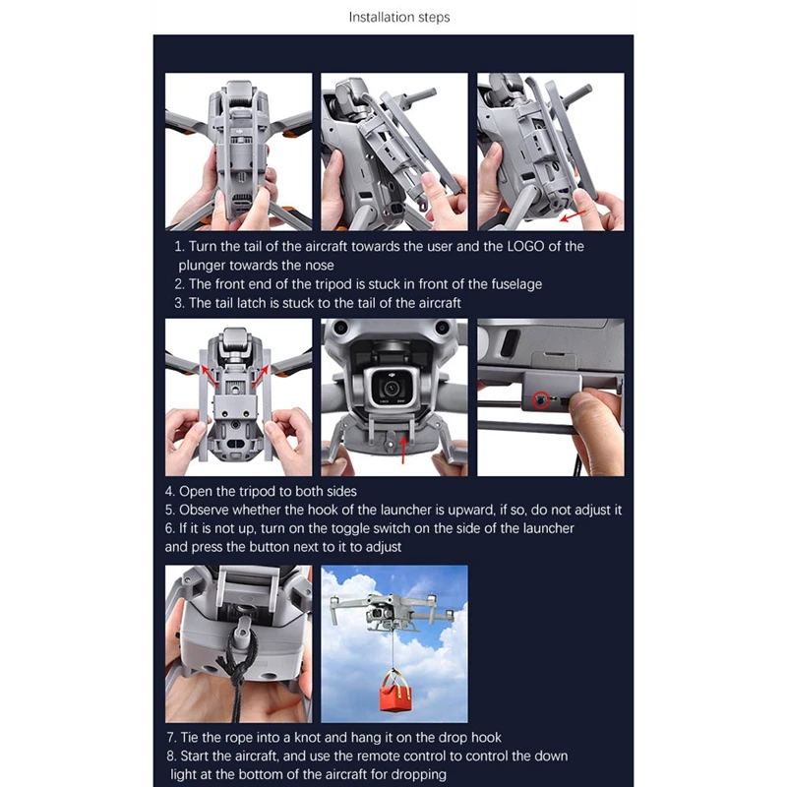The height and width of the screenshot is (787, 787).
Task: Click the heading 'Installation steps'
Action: pyautogui.click(x=399, y=18)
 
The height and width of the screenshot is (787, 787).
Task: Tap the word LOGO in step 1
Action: pyautogui.click(x=525, y=247)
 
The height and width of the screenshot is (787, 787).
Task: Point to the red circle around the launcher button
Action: pyautogui.click(x=540, y=400)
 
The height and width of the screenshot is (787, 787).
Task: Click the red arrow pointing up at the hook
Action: pyautogui.click(x=403, y=450)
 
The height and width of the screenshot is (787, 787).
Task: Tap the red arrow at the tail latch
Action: pyautogui.click(x=573, y=215)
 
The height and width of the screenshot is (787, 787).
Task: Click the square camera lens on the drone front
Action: pyautogui.click(x=391, y=387)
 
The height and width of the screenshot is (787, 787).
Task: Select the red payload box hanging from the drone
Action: pyautogui.click(x=395, y=692)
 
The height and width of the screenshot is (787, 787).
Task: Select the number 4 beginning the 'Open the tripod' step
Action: pyautogui.click(x=168, y=491)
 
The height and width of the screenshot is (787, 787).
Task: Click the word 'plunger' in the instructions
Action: pyautogui.click(x=203, y=266)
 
